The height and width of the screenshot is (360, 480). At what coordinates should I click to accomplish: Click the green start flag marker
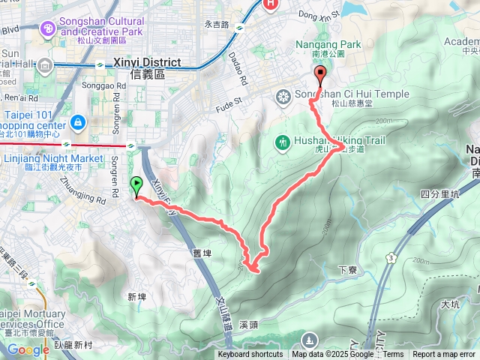136,185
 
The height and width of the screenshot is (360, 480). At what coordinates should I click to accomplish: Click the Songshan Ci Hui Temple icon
283,95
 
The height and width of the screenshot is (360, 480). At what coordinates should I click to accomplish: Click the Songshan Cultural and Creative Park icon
48,28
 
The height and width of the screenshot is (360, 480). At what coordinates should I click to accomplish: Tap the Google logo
28,349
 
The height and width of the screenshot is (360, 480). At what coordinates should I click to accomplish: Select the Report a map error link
445,355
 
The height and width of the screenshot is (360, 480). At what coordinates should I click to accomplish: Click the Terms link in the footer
393,355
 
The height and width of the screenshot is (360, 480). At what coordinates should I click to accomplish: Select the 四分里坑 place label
439,193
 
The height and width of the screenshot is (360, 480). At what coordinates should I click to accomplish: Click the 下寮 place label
346,268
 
